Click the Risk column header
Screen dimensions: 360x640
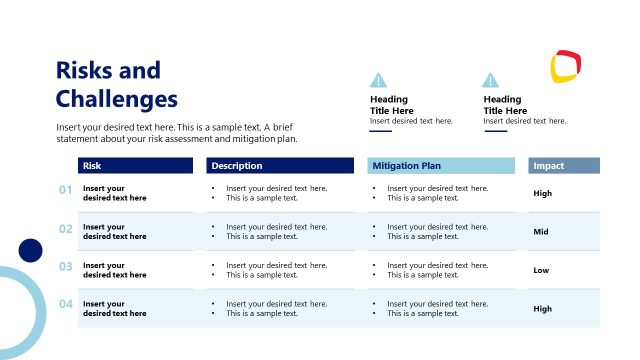[x=92, y=166]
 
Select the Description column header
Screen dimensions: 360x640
[x=237, y=166]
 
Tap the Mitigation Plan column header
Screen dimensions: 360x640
[x=406, y=166]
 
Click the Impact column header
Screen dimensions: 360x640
[x=549, y=166]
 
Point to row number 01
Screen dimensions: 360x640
[x=66, y=190]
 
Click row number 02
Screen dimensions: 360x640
[x=66, y=229]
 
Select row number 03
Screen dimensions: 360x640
[x=66, y=267]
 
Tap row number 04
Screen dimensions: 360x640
[x=66, y=305]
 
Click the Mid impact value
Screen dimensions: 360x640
[x=541, y=232]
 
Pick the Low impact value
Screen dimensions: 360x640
[x=541, y=270]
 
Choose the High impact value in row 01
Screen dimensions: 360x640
[x=543, y=193]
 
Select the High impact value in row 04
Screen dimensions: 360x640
[x=543, y=309]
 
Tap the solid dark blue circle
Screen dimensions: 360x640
[x=31, y=250]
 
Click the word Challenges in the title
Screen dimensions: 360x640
[x=117, y=99]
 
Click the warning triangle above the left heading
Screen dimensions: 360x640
[x=378, y=81]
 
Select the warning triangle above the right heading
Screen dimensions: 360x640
[x=490, y=81]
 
